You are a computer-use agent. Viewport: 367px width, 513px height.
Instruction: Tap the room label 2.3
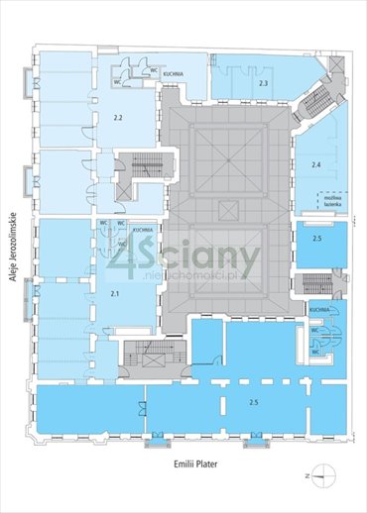tap(263, 84)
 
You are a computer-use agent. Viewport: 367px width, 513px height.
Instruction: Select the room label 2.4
tap(316, 163)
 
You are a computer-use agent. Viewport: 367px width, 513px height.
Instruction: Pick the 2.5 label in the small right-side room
tap(316, 240)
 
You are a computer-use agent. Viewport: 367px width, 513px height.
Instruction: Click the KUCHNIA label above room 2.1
tap(143, 229)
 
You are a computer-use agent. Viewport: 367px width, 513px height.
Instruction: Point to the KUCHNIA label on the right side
tap(318, 310)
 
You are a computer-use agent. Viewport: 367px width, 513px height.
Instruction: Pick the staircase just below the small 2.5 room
tap(316, 284)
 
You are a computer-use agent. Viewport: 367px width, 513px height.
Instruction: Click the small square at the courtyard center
tap(227, 207)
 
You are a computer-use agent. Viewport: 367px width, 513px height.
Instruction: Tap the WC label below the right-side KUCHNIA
tap(315, 351)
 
